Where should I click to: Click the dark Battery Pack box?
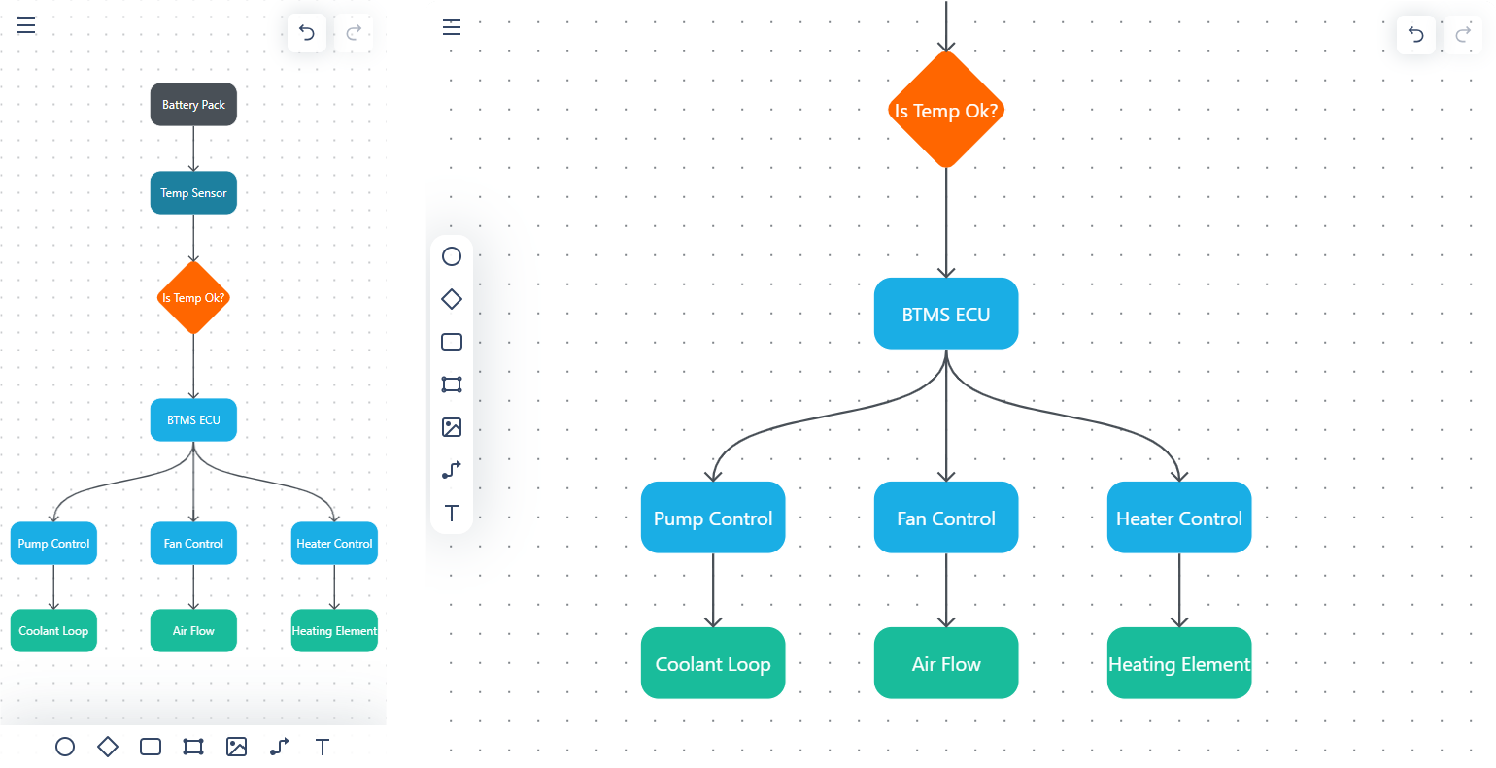[193, 105]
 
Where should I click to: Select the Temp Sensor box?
[193, 193]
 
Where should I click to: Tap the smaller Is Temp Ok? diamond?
[193, 298]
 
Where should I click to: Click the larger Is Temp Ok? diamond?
[945, 111]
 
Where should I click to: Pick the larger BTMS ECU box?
[945, 315]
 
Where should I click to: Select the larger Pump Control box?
[712, 518]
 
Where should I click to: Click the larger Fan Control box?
[945, 518]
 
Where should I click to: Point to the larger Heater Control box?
[1178, 518]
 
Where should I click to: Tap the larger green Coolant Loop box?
[712, 664]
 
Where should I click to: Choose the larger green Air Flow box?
[945, 664]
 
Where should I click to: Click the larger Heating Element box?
[1178, 664]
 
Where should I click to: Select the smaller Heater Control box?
[334, 544]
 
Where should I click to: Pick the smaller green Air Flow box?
[193, 631]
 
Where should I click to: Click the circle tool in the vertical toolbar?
[452, 256]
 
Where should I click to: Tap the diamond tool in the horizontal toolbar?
[108, 747]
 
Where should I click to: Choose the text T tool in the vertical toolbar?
[452, 513]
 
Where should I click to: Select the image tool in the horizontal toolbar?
[236, 747]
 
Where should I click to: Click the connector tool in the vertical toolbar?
[452, 470]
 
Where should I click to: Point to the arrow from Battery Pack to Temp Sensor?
[193, 149]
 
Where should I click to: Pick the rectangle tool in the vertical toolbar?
[452, 342]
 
